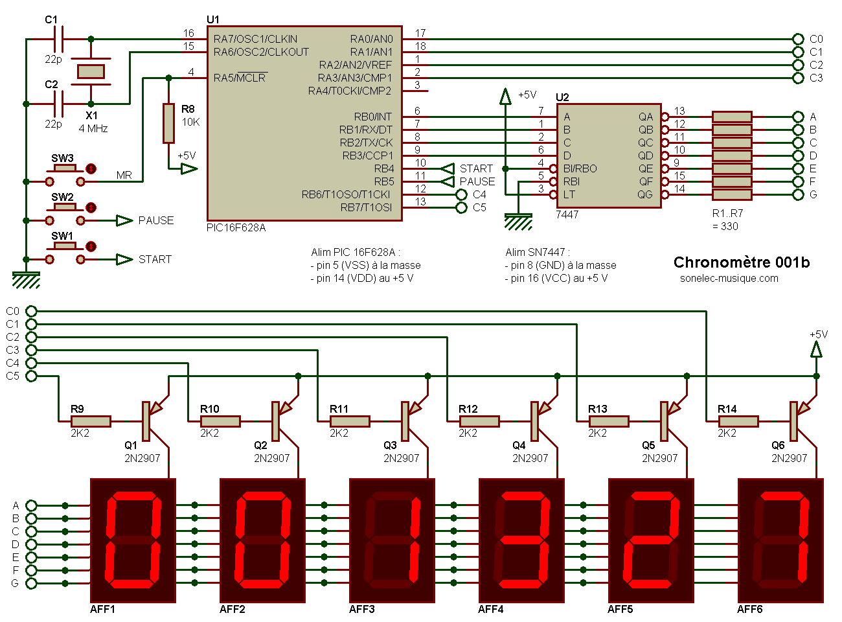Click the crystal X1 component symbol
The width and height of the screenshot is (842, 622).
click(x=91, y=71)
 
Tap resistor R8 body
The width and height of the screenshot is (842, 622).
click(x=168, y=123)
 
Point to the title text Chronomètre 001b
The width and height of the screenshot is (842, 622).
click(x=741, y=262)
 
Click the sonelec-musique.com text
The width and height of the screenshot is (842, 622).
click(x=729, y=279)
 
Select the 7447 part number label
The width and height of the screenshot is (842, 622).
click(x=567, y=214)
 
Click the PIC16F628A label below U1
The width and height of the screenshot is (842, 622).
click(x=236, y=228)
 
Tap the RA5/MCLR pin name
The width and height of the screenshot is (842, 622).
click(x=240, y=78)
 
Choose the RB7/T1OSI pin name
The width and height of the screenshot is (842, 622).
click(x=366, y=207)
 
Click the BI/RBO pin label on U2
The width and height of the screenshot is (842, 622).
click(x=580, y=168)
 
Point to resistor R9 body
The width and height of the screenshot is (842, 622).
click(x=91, y=421)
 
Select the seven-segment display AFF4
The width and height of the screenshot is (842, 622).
click(x=521, y=541)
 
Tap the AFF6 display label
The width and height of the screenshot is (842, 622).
click(x=749, y=610)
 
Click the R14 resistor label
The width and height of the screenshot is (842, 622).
click(x=727, y=409)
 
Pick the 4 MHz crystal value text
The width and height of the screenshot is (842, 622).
click(x=93, y=129)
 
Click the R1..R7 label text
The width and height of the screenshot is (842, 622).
click(x=727, y=213)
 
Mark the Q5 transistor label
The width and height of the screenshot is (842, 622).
click(x=648, y=445)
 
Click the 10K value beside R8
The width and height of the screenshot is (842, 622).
click(x=190, y=122)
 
